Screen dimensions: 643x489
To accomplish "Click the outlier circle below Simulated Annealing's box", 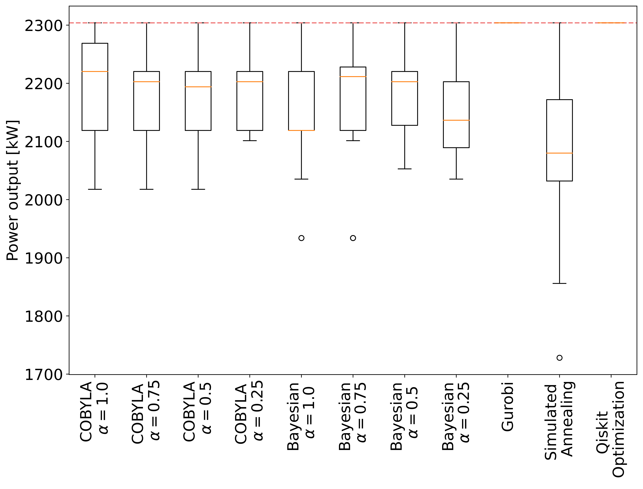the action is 559,358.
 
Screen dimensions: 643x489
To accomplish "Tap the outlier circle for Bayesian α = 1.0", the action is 301,238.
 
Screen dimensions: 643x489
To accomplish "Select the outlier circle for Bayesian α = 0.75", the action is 353,238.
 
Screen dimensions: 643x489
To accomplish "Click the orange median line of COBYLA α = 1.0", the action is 95,71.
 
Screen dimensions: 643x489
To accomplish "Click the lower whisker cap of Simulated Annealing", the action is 559,283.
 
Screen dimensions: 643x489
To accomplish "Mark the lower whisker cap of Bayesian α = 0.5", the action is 404,169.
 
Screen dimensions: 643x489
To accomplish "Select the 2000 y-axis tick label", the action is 44,200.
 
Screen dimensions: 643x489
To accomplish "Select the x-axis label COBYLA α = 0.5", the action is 197,411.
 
